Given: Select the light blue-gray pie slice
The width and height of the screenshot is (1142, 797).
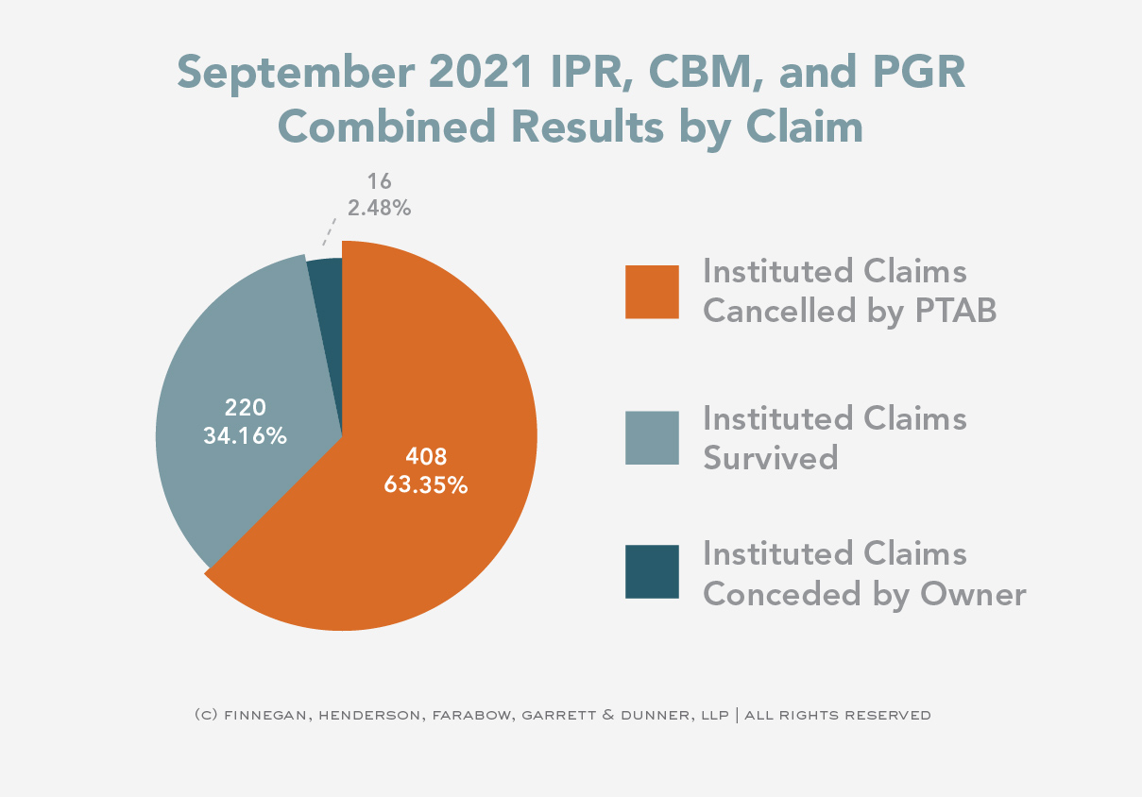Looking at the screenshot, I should point(236,359).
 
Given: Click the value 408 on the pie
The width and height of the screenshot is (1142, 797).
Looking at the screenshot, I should point(425,457).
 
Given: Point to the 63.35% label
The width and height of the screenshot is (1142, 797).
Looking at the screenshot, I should point(425,485).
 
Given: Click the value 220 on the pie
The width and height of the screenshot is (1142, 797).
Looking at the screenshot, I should point(245,408).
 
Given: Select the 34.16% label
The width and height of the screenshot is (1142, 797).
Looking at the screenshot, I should point(245,436).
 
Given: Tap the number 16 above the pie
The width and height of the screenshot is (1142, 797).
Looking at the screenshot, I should point(379,181).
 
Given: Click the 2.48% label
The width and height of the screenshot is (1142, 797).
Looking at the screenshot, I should point(379,208).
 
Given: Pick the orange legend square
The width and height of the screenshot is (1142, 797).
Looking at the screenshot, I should point(652,292).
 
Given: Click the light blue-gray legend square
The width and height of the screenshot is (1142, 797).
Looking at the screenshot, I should point(652,438).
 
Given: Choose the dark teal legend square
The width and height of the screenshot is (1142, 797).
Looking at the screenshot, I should point(652,571).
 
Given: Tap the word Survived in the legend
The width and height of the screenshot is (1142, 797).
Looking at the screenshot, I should point(771,457).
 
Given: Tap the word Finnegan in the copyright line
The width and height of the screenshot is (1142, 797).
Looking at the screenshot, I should point(267,715).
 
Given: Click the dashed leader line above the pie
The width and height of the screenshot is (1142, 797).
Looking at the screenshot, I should point(331,231).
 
